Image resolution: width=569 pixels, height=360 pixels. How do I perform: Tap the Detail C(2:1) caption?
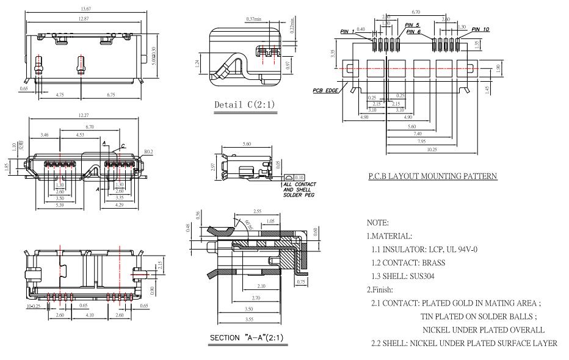coord(244,105)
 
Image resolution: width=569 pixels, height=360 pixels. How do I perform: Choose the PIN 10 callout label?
coord(480,29)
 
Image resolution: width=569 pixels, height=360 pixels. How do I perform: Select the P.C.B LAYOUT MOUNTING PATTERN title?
coord(432,176)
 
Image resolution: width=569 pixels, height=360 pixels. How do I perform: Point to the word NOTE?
coord(378,223)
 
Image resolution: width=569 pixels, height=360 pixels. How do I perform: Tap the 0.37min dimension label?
coord(253,19)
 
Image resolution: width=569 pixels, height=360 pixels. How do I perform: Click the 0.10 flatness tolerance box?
coord(300,177)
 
